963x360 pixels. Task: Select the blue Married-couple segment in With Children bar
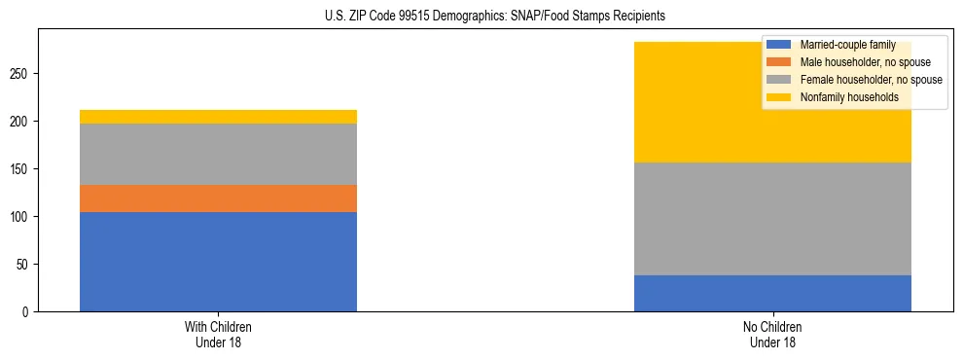pos(218,261)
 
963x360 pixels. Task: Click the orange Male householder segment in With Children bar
pos(218,198)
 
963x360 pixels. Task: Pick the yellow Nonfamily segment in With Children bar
pos(218,117)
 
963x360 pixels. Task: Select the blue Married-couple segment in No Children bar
pos(772,293)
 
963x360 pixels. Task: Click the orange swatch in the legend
pos(779,62)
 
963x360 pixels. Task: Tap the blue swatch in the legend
pos(779,45)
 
